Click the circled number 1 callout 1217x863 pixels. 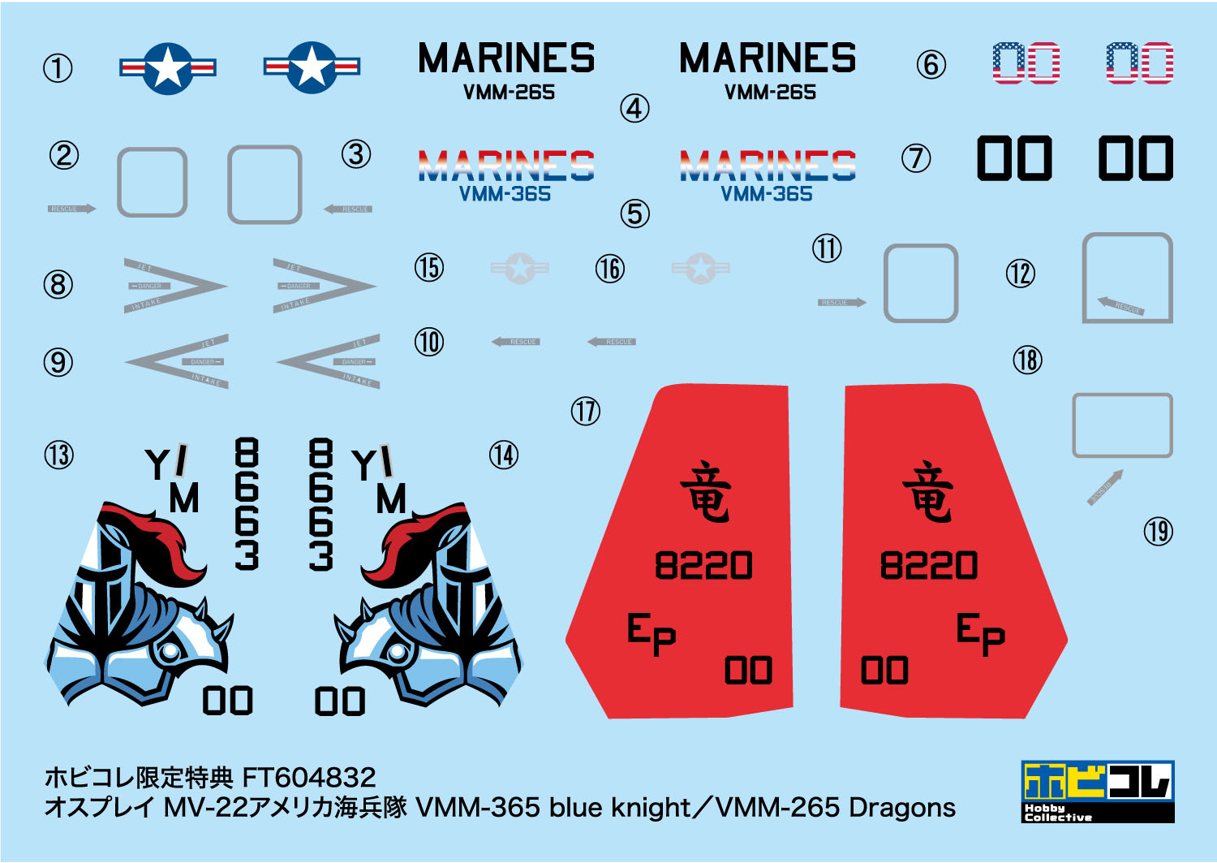[x=58, y=68]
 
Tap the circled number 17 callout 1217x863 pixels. [x=585, y=411]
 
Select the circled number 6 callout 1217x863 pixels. [x=931, y=65]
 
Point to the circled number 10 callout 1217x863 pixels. [x=429, y=342]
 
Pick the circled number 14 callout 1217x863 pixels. [x=503, y=455]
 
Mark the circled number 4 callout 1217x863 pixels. [x=634, y=108]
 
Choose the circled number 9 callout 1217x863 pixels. [x=58, y=362]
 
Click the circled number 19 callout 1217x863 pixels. [x=1158, y=532]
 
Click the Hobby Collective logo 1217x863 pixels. [x=1098, y=792]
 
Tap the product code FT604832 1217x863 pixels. [x=308, y=778]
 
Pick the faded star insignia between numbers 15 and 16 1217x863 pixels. [x=520, y=268]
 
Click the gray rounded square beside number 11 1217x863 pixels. [x=920, y=283]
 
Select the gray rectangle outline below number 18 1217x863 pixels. [x=1122, y=425]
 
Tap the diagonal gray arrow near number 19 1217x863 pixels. [x=1106, y=487]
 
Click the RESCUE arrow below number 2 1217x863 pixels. [x=71, y=209]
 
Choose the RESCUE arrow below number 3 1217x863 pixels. [x=347, y=209]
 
